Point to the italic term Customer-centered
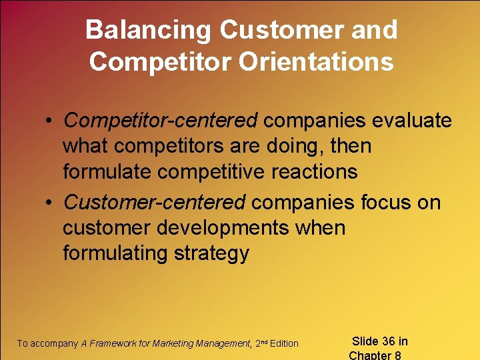pos(155,202)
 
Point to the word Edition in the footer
pos(284,343)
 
